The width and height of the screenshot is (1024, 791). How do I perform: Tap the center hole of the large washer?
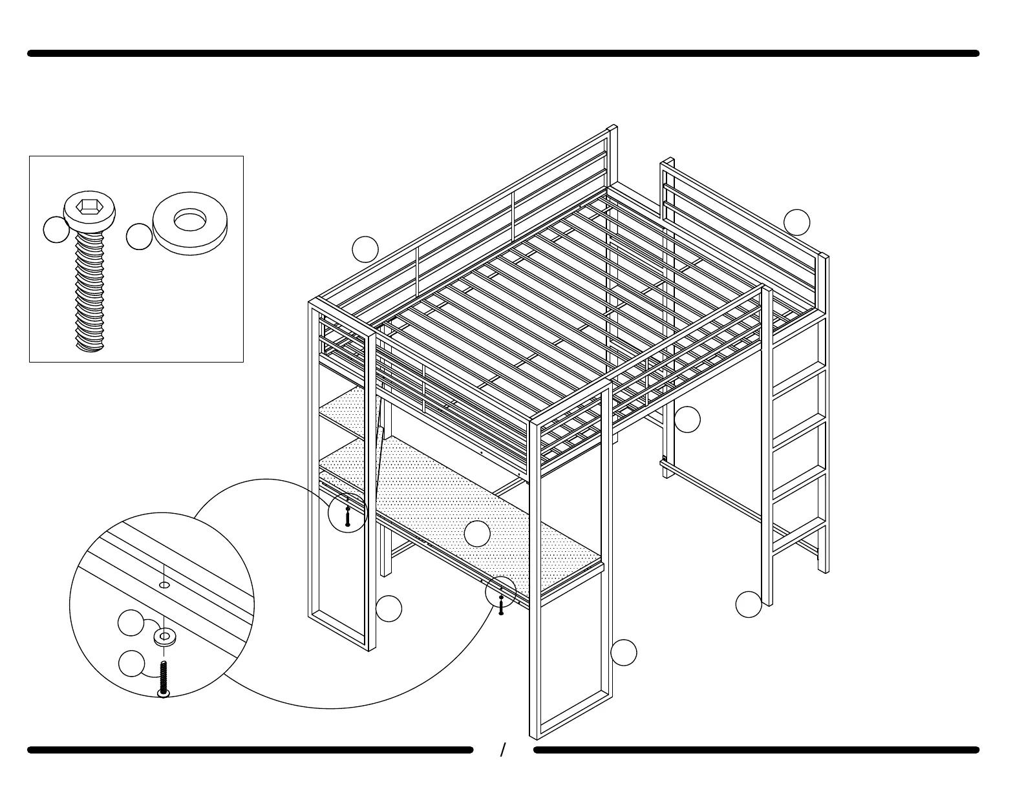[189, 220]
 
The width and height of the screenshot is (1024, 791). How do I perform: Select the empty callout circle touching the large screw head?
[56, 229]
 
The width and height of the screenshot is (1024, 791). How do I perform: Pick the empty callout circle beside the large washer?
[139, 237]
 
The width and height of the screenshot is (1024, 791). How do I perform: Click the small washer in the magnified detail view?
[164, 638]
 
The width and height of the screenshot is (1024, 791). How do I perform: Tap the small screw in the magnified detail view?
[164, 679]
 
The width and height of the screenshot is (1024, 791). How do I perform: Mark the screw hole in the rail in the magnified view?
[164, 585]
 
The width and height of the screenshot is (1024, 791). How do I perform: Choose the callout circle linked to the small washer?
[131, 622]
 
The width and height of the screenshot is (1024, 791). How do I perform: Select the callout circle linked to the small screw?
[132, 664]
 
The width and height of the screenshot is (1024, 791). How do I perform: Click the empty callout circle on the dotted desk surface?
[477, 533]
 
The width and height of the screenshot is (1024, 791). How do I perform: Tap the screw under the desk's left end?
[348, 515]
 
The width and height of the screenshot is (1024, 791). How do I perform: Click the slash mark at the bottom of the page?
[503, 750]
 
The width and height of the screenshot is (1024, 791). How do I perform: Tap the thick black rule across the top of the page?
[503, 54]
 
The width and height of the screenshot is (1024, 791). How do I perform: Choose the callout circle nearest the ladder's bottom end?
[749, 604]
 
